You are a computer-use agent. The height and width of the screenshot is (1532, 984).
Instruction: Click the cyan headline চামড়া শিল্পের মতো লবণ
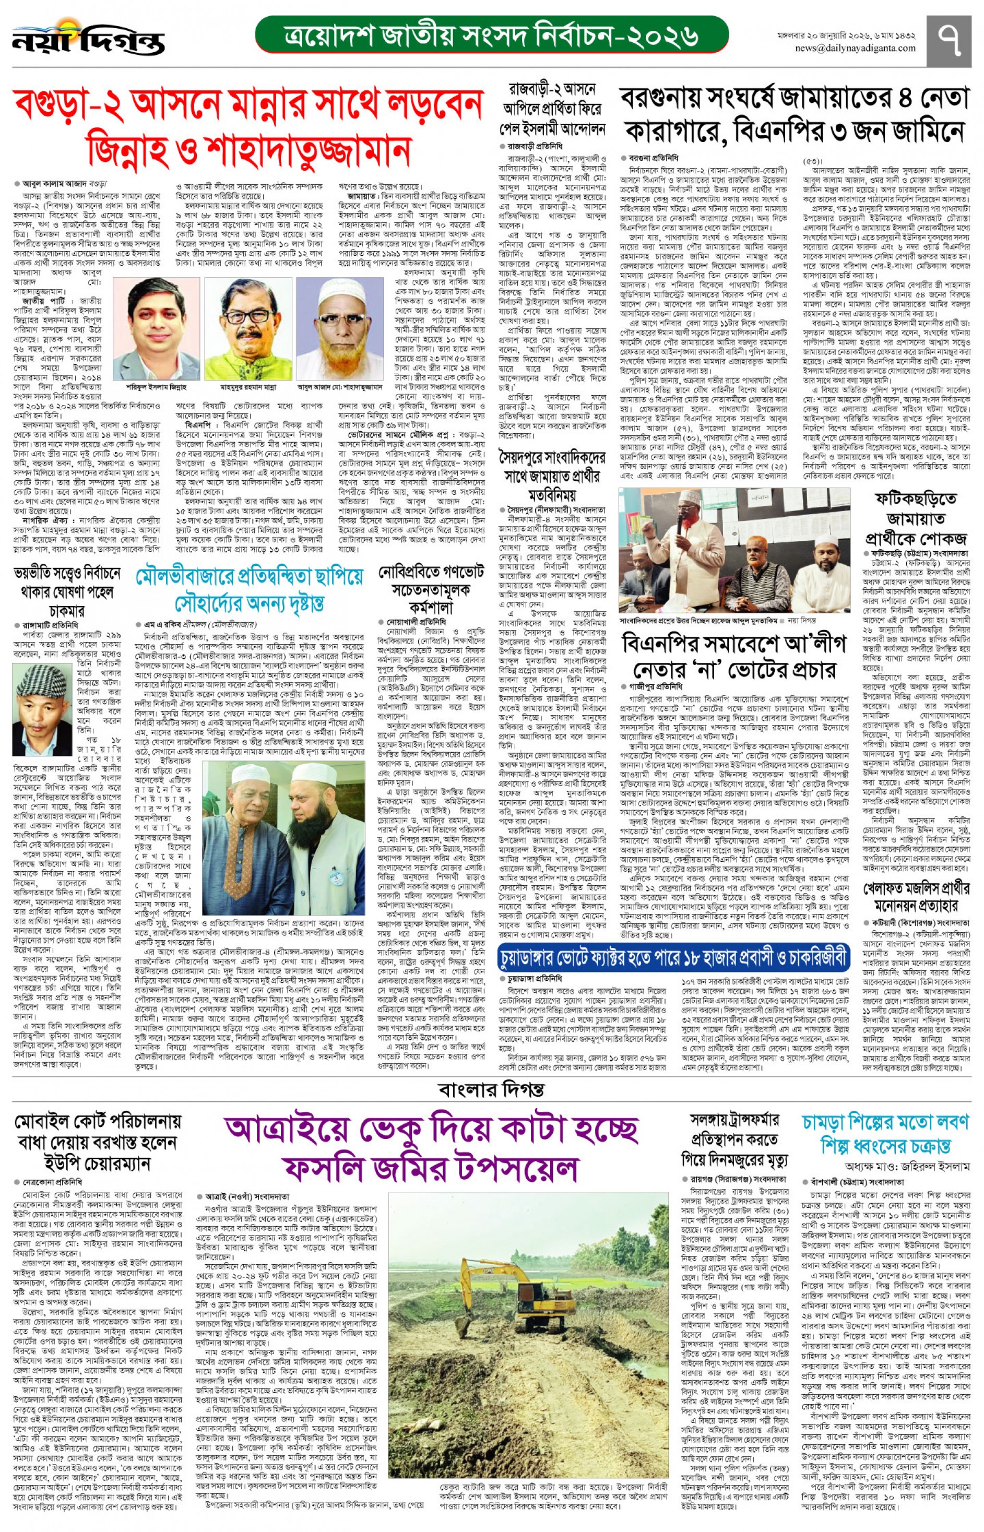[885, 1132]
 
